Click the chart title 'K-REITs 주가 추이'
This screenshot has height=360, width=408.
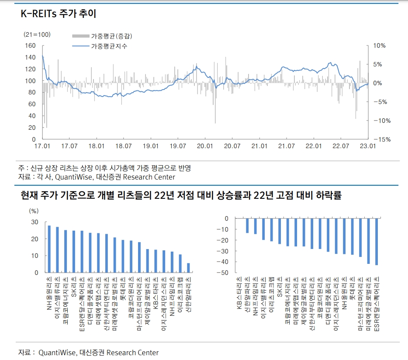58,14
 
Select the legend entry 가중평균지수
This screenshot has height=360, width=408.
109,46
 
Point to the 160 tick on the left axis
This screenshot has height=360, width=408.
30,45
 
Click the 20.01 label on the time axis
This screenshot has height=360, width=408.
205,146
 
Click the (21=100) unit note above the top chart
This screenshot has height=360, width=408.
37,35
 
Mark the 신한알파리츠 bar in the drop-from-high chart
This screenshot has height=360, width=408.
247,225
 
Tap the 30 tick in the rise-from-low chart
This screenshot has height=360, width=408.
35,222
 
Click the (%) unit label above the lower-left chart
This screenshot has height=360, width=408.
34,211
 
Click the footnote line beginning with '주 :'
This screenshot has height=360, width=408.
105,168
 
